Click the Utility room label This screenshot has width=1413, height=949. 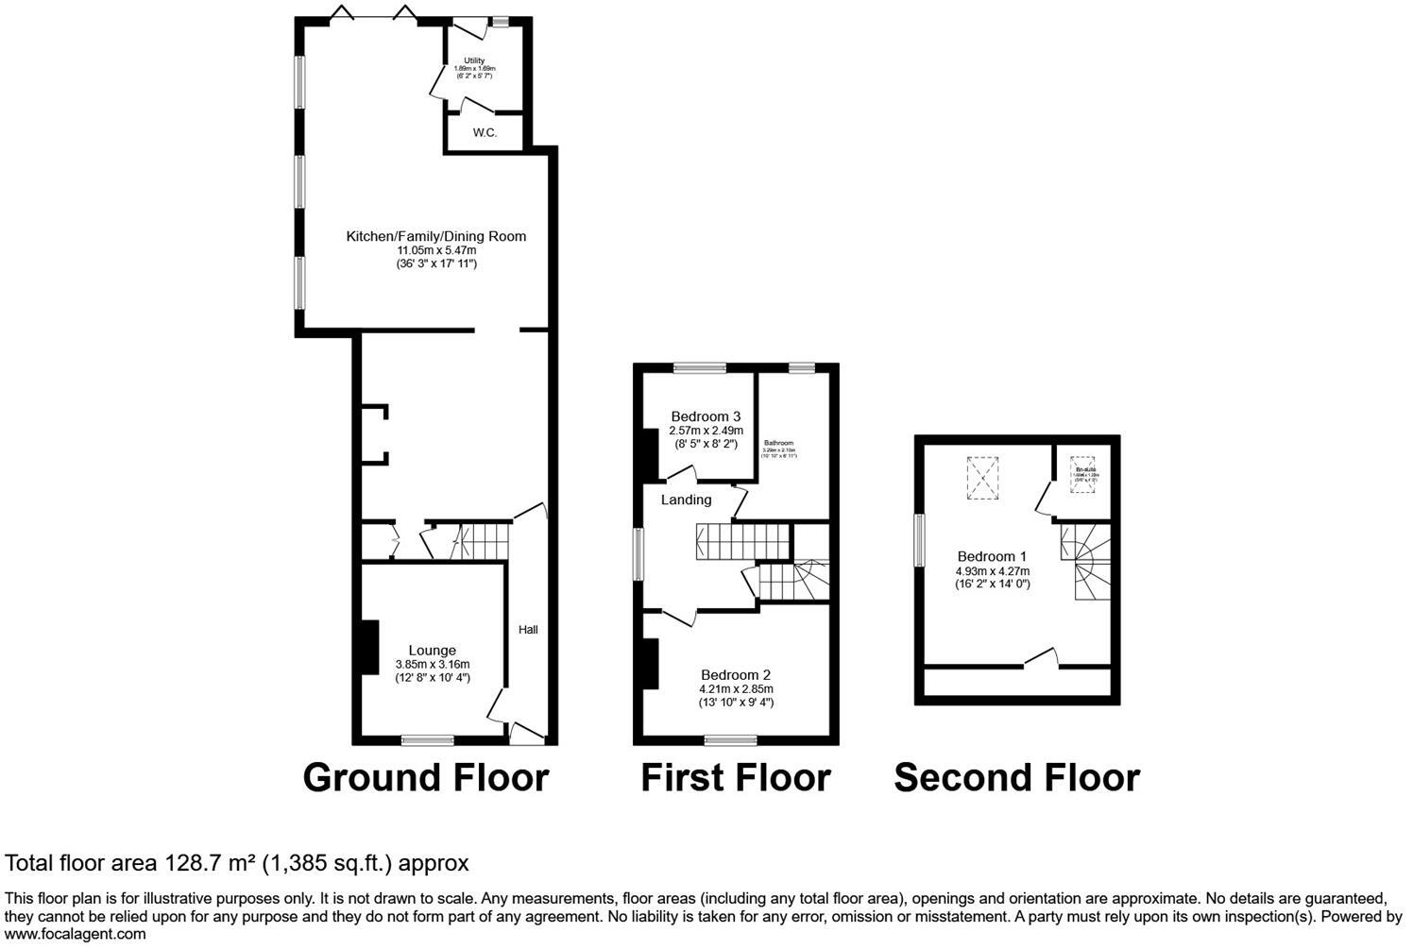[474, 61]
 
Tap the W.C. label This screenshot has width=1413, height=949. [485, 133]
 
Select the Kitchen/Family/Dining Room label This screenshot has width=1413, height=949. [435, 236]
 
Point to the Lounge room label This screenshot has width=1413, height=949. [433, 650]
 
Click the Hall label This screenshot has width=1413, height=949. [528, 629]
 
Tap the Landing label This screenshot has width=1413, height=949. [686, 500]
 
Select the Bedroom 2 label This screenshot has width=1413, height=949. [736, 675]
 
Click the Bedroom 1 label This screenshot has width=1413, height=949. [992, 556]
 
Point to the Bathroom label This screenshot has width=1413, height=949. [779, 443]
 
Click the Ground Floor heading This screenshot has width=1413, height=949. [426, 778]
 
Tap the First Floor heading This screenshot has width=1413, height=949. [736, 778]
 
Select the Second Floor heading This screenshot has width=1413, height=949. [1017, 778]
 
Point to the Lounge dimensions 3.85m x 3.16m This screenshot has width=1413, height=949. [433, 665]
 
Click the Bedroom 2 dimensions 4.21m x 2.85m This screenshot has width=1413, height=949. [736, 689]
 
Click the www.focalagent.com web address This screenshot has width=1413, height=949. [76, 935]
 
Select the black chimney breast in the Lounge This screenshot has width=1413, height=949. [367, 648]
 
